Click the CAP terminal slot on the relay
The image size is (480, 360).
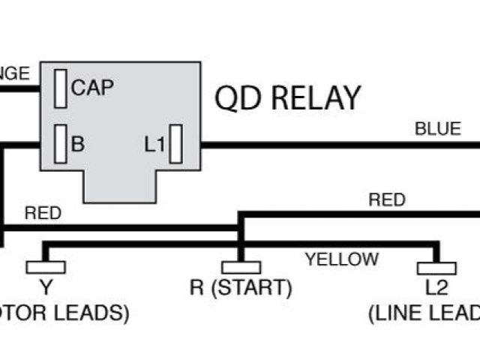click(x=61, y=89)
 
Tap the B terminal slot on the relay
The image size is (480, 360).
click(x=61, y=142)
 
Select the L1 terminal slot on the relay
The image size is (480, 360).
click(x=176, y=144)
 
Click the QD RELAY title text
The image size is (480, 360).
click(x=287, y=97)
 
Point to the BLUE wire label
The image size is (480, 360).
click(x=438, y=129)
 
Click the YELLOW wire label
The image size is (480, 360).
click(x=341, y=259)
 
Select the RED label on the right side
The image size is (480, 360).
click(x=387, y=200)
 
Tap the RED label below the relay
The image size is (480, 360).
click(x=43, y=213)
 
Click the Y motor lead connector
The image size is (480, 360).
click(x=45, y=266)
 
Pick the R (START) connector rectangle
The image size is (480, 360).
click(x=241, y=266)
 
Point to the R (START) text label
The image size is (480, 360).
click(x=241, y=287)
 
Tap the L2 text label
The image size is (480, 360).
click(x=436, y=287)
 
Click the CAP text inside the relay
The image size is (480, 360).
click(x=92, y=88)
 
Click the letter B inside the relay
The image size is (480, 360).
click(x=77, y=143)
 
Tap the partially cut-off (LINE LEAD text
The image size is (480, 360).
click(x=424, y=313)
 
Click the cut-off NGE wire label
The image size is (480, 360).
click(x=14, y=73)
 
